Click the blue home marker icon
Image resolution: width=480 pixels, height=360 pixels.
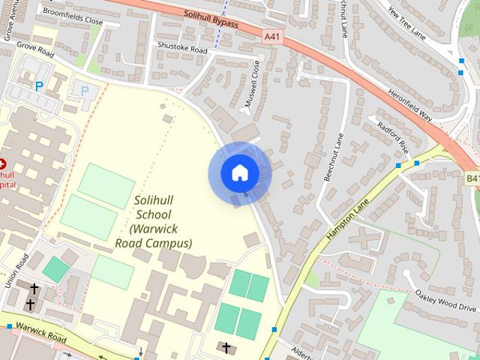click(239, 173)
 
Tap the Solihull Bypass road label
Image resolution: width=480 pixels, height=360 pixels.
click(211, 18)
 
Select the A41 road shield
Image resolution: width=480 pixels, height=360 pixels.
click(274, 36)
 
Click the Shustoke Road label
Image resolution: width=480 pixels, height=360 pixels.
click(181, 49)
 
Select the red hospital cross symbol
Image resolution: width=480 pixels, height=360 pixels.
click(2, 163)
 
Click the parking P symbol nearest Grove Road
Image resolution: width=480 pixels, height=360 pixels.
click(39, 86)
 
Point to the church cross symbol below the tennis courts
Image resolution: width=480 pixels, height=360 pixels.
click(226, 347)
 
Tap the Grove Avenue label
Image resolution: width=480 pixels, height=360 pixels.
click(10, 20)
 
